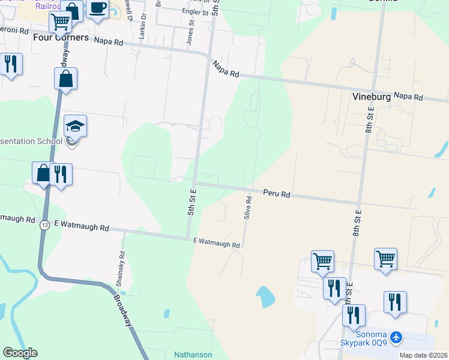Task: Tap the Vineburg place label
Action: pos(372,95)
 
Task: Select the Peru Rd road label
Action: pos(277,194)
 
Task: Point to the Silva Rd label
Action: pos(247,207)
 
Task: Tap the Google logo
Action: pos(20,353)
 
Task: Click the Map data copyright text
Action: pos(424,355)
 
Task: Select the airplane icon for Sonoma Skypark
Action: pos(396,338)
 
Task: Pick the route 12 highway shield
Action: pos(45,226)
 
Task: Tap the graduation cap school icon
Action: pos(76,125)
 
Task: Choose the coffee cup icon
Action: pos(97,9)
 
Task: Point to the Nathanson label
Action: pos(193,354)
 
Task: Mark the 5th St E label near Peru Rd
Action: pos(192,202)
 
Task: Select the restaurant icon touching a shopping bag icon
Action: pos(61,174)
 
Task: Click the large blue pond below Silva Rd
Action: pos(265,296)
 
